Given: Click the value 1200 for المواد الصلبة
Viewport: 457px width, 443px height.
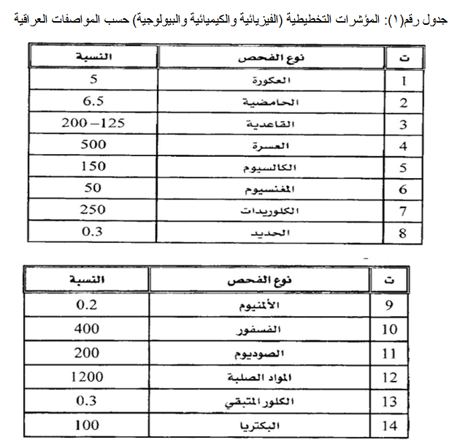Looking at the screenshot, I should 88,377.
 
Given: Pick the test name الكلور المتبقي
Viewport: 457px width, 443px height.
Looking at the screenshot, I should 269,401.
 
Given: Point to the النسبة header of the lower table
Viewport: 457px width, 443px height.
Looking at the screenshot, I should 86,278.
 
